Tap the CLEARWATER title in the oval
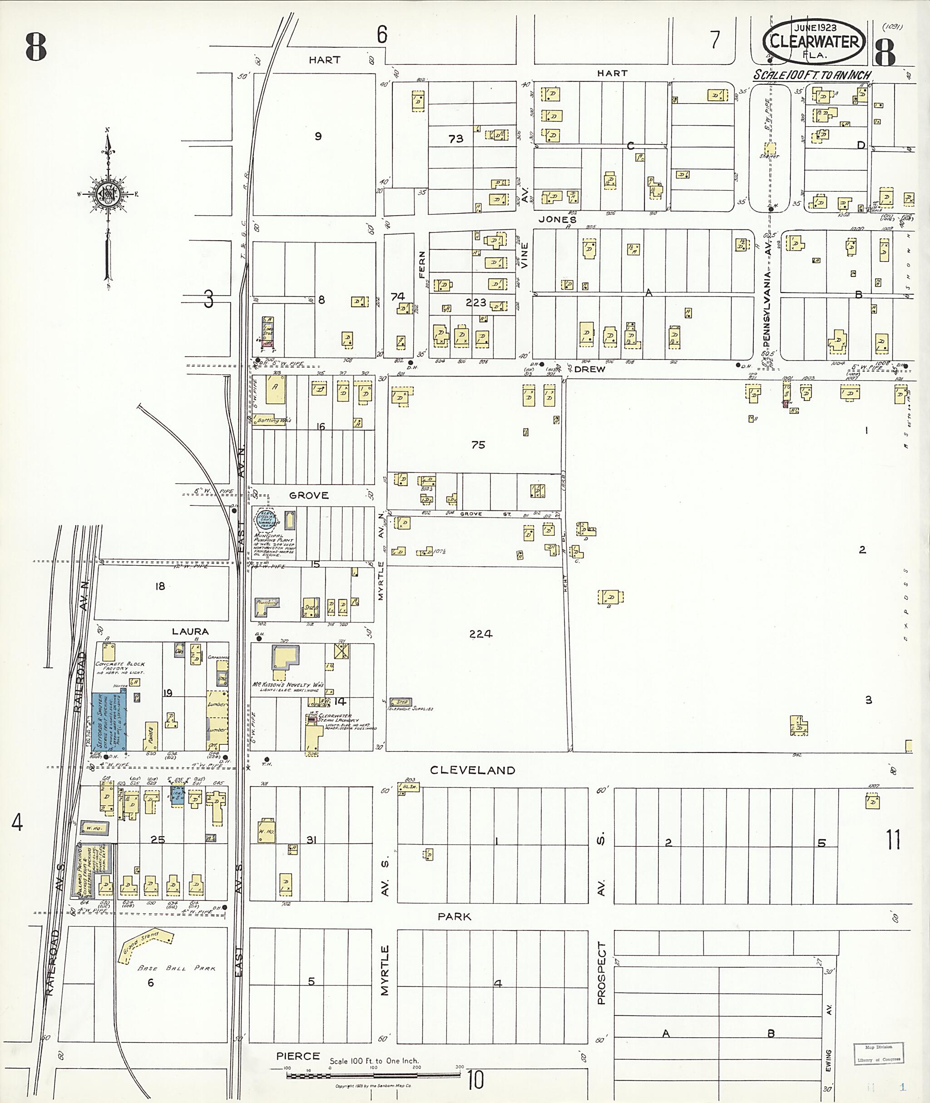pyautogui.click(x=813, y=42)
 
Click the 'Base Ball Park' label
pyautogui.click(x=176, y=969)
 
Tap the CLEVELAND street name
pyautogui.click(x=472, y=770)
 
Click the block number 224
pyautogui.click(x=480, y=634)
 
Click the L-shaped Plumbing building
pyautogui.click(x=266, y=606)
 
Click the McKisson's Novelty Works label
pyautogui.click(x=287, y=685)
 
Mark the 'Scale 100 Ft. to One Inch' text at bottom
pyautogui.click(x=374, y=1061)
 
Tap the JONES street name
pyautogui.click(x=557, y=219)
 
